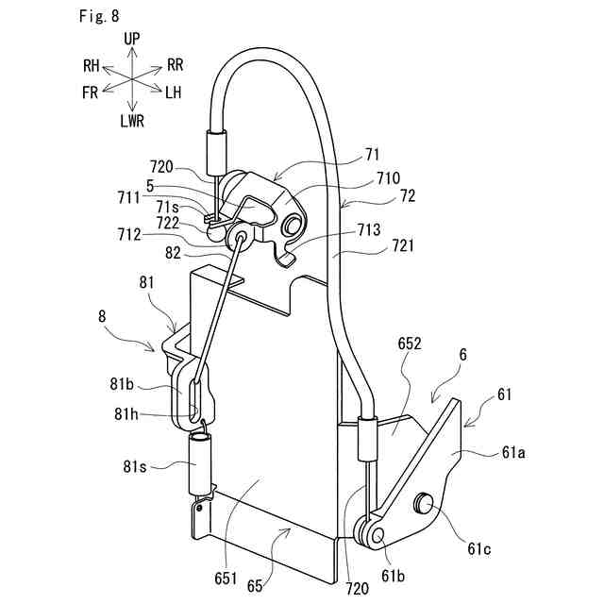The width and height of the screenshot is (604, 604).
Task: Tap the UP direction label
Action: coord(132,39)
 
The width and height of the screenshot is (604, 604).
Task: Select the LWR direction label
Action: coord(132,120)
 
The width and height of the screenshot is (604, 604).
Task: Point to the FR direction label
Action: coord(91,92)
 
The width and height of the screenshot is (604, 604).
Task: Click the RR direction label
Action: coord(175,65)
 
